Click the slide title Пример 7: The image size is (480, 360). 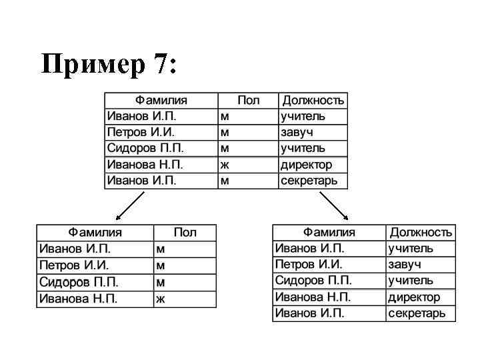109,65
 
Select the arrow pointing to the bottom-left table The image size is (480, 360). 131,205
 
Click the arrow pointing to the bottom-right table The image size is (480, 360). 334,205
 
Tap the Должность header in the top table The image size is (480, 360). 313,101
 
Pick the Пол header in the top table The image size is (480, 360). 248,101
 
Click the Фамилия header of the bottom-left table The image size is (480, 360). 95,233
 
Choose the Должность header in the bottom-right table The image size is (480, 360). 421,233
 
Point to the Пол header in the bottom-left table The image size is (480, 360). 185,233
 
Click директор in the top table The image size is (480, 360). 305,165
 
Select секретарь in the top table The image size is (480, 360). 309,181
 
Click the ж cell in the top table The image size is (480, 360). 225,165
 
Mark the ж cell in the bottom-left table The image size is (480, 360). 160,299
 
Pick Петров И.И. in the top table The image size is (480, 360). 141,133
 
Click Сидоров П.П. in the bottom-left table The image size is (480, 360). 78,282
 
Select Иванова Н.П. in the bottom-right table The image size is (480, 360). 313,297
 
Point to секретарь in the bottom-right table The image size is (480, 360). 417,313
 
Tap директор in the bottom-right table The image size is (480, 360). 414,297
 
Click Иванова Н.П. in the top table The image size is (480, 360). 145,165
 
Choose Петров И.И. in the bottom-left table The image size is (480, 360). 73,265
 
